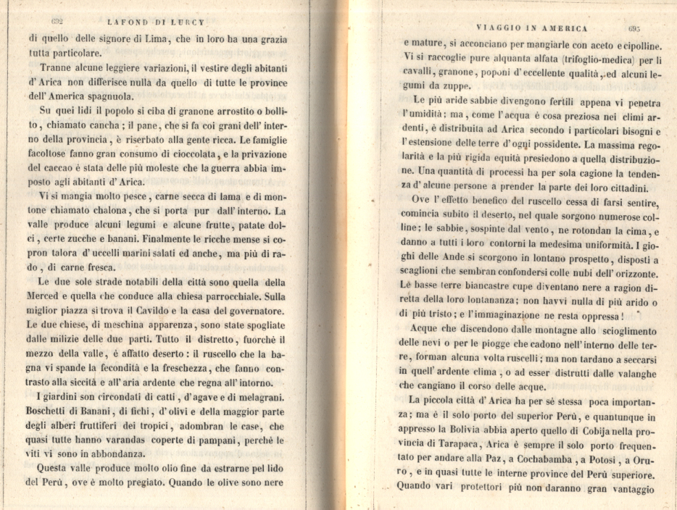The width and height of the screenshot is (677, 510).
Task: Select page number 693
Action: pos(638,29)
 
